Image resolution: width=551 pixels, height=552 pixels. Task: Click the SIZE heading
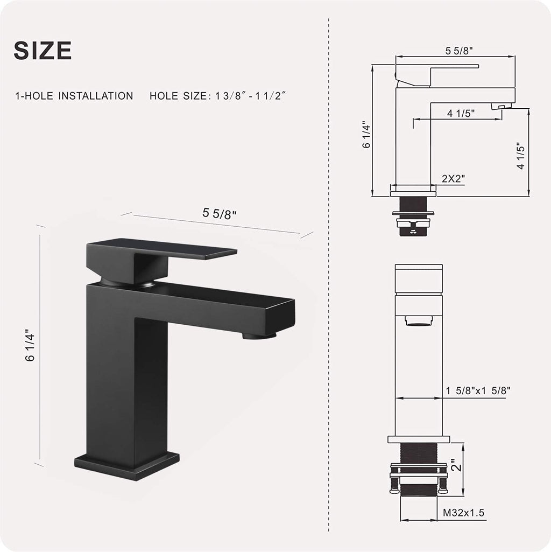pyautogui.click(x=43, y=50)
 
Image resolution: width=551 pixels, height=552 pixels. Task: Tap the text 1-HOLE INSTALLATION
pyautogui.click(x=74, y=96)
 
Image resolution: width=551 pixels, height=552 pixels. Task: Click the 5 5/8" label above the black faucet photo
pyautogui.click(x=219, y=213)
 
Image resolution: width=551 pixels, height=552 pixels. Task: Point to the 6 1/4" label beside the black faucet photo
pyautogui.click(x=30, y=345)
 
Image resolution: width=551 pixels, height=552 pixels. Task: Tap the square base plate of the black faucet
pyautogui.click(x=126, y=466)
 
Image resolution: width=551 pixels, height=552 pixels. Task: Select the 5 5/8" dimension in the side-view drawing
pyautogui.click(x=459, y=51)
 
